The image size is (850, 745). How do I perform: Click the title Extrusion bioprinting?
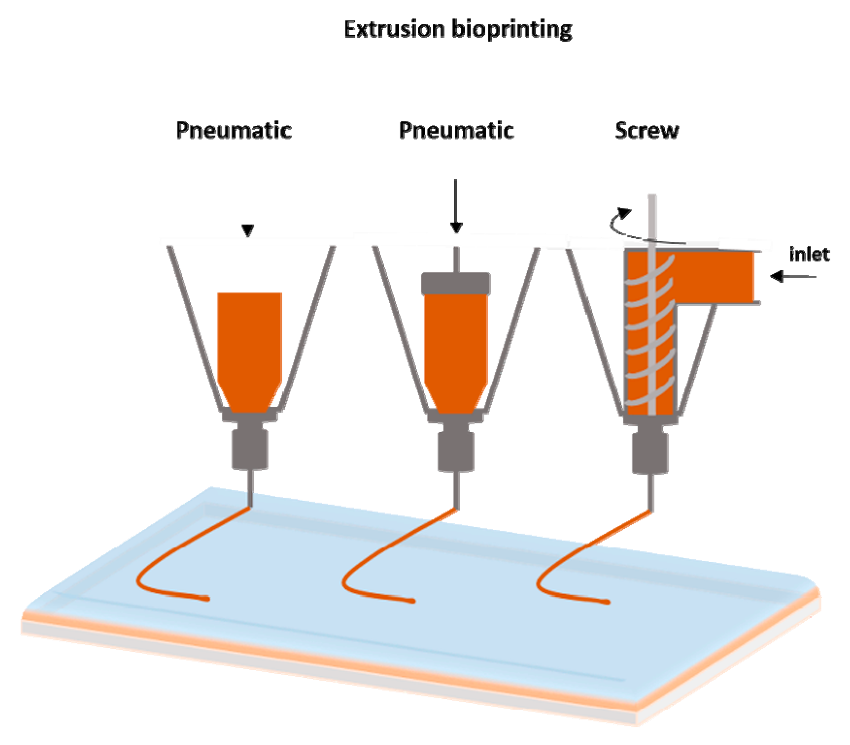[458, 30]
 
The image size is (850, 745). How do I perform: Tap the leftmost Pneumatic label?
[234, 130]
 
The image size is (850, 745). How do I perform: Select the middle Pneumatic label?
[456, 130]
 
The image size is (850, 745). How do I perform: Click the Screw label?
[647, 130]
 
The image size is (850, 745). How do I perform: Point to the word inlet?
[809, 254]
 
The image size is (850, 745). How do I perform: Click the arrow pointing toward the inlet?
[793, 277]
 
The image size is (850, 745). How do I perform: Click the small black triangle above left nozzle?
[248, 230]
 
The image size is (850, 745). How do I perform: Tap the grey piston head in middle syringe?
[456, 283]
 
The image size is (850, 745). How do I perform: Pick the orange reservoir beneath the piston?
[456, 350]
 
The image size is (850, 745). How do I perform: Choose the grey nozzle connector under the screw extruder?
[650, 452]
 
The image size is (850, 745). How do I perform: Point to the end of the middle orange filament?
[412, 601]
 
